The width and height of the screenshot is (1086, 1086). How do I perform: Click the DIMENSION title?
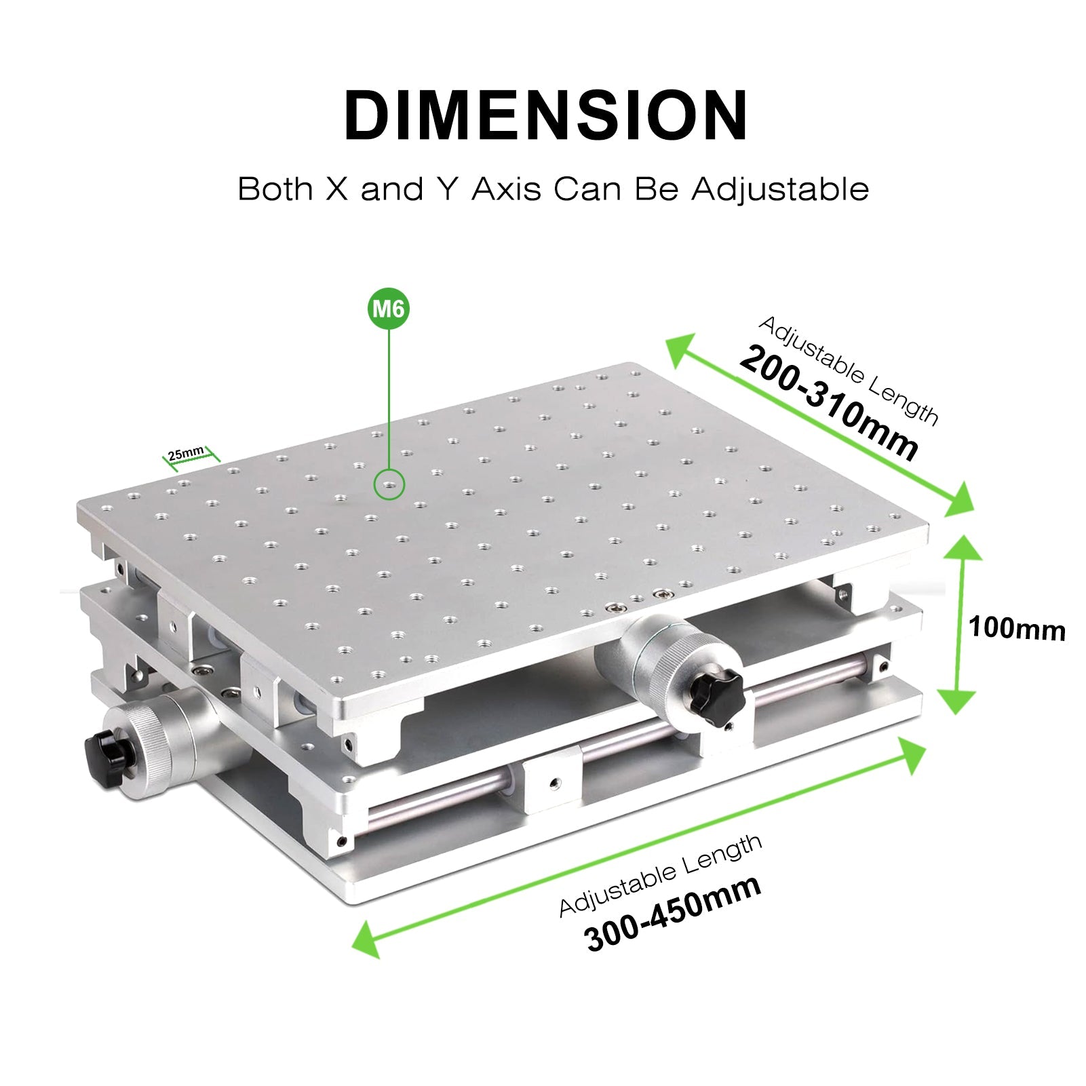tap(546, 115)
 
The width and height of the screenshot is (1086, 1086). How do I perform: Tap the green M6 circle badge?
tap(389, 309)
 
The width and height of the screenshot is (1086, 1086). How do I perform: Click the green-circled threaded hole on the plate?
tap(389, 485)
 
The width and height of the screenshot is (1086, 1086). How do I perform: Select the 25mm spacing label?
tap(186, 452)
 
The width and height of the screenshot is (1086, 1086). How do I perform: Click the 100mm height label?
tap(1016, 629)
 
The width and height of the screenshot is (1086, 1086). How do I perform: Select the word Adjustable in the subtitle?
tap(780, 189)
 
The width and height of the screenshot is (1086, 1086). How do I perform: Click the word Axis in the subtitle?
tap(506, 189)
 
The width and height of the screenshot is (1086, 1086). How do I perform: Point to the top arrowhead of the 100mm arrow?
tap(963, 546)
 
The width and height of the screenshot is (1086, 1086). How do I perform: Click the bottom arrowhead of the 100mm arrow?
tap(956, 702)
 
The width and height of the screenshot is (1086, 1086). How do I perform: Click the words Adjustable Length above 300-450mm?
tap(660, 875)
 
